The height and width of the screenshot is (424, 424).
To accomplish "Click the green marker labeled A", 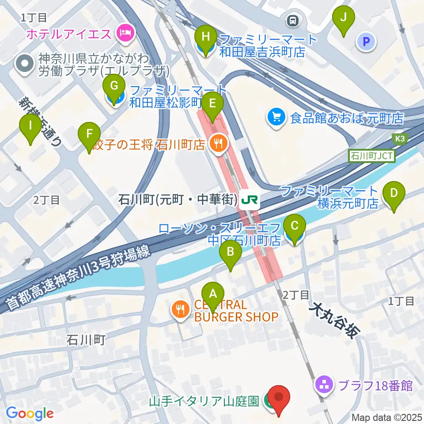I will (x=213, y=294).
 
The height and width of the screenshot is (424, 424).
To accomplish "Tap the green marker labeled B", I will (x=231, y=253).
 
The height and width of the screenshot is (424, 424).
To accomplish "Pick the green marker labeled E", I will (x=212, y=104).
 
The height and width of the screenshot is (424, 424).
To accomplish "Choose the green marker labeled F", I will (x=89, y=133).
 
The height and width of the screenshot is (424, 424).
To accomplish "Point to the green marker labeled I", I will (x=30, y=126).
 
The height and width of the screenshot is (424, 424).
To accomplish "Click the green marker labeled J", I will (x=346, y=18).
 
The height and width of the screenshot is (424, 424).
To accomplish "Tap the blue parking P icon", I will (x=366, y=42).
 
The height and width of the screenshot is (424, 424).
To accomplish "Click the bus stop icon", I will (x=292, y=20).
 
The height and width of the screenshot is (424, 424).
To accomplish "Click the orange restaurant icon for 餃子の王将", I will (x=217, y=143).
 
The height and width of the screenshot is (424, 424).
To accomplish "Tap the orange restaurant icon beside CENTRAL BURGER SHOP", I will (x=180, y=309).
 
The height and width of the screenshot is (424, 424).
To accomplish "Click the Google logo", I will (x=30, y=413).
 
